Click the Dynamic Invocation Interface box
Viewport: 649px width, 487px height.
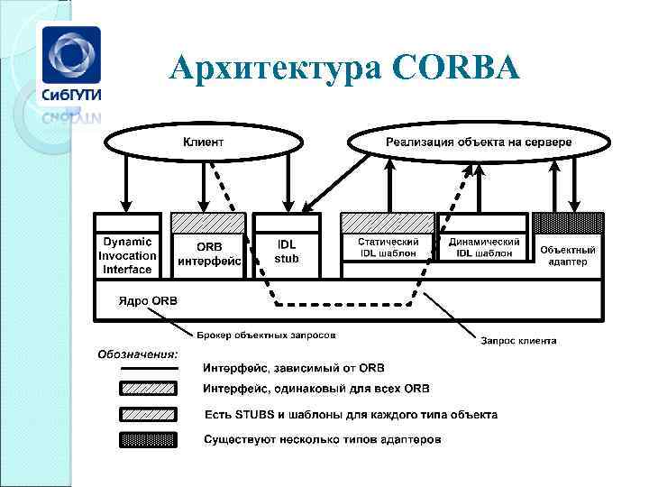127,255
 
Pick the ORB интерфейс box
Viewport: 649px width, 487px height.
208,254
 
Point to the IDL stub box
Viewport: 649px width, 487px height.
286,252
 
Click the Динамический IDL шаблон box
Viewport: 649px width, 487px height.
483,248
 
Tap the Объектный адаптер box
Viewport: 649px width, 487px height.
567,255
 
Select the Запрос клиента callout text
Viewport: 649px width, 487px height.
518,341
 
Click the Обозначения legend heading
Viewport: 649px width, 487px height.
138,353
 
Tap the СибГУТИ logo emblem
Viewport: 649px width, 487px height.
69,54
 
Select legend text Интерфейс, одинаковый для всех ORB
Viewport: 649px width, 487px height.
316,390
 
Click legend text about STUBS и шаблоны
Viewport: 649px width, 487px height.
351,415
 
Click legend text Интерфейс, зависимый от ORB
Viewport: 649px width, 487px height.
294,367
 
